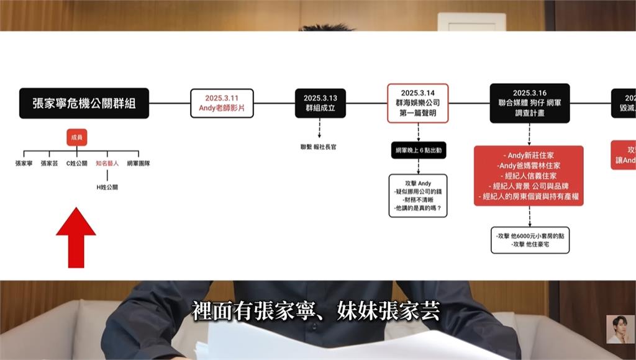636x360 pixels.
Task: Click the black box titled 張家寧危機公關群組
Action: (83, 103)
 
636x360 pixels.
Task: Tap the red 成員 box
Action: (76, 137)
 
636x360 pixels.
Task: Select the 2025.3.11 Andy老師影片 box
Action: (221, 103)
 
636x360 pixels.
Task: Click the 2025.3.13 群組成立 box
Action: (320, 103)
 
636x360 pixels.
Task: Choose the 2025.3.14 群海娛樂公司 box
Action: (417, 103)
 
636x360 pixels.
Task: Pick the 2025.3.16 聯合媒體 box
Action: (529, 103)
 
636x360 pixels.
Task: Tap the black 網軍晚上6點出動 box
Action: (418, 151)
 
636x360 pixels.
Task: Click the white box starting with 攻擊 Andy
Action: (417, 195)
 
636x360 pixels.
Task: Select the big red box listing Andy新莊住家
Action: (529, 176)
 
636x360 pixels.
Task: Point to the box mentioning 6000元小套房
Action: (529, 240)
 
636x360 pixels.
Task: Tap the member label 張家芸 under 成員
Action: (50, 163)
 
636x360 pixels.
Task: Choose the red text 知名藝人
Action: (107, 163)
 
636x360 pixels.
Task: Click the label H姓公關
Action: (107, 186)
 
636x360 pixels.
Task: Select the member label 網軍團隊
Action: (139, 163)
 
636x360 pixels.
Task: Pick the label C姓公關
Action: (77, 163)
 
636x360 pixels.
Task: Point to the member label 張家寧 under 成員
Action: (24, 163)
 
